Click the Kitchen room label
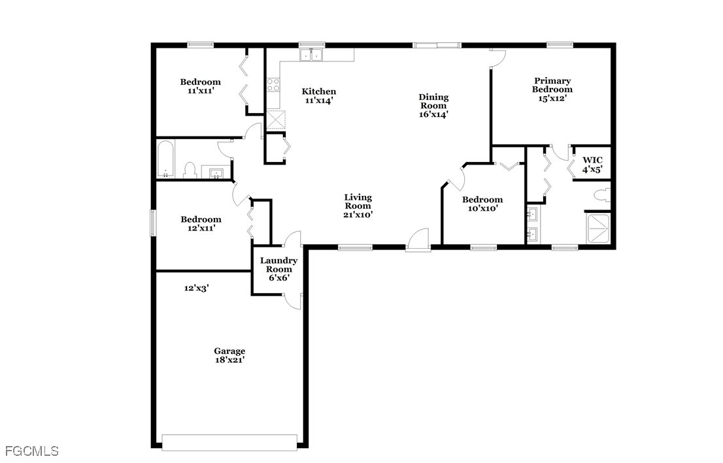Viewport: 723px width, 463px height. [318, 96]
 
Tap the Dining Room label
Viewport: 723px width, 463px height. [433, 105]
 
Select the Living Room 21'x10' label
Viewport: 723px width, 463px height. [358, 205]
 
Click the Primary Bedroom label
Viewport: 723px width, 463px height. [552, 89]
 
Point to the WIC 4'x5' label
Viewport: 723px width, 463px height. [592, 164]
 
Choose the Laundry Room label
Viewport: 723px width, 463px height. [278, 268]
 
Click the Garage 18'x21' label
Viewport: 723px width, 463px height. [229, 355]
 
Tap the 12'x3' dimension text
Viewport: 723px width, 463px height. [196, 287]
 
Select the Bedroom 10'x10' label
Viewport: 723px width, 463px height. [482, 204]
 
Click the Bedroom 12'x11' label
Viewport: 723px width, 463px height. [201, 224]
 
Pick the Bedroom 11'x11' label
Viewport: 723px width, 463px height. [200, 86]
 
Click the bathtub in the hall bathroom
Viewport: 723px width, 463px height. [165, 159]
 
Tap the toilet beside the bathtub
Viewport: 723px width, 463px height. [190, 170]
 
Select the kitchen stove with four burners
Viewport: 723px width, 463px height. [273, 85]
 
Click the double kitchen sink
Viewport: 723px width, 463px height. [312, 56]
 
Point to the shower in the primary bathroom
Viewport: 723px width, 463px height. [599, 228]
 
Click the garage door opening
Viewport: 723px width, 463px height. [229, 442]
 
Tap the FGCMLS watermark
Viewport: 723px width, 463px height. [31, 451]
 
